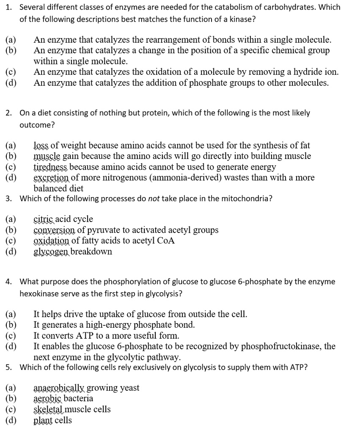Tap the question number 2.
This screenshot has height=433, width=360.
coord(8,113)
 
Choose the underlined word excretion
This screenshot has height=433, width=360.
coord(51,178)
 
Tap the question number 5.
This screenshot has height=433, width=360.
coord(8,367)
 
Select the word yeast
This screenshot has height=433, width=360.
coord(129,388)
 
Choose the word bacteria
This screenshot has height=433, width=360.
coord(78,398)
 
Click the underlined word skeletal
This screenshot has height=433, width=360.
coord(48,409)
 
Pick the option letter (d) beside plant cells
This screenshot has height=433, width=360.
coord(11,420)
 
